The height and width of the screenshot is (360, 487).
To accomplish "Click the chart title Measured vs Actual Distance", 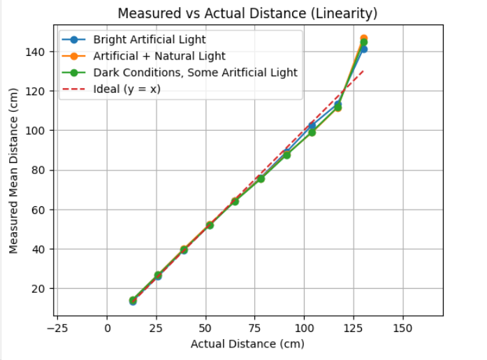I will click(247, 13).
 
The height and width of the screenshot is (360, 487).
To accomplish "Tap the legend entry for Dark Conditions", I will click(195, 73).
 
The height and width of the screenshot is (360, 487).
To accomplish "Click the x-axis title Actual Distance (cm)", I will click(247, 343).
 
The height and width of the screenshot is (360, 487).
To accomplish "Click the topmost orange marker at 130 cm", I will click(363, 38).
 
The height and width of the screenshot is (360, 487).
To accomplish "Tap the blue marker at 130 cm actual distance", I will click(363, 49).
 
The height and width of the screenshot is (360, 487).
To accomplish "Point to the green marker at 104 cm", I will click(312, 132).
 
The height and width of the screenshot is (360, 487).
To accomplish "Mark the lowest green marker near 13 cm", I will click(133, 300).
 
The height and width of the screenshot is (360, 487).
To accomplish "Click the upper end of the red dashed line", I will click(363, 71).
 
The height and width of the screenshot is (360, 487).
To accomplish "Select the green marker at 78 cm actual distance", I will click(261, 179).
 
